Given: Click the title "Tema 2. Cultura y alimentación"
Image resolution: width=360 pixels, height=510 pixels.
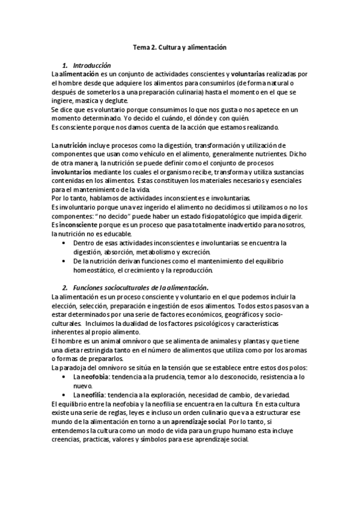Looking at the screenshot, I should (x=180, y=46).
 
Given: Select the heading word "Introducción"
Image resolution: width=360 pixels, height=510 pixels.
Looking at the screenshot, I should (x=91, y=64).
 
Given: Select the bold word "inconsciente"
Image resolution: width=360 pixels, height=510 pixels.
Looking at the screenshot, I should (x=82, y=225).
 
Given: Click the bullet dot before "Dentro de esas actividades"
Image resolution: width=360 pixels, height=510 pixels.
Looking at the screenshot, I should (x=65, y=243).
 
